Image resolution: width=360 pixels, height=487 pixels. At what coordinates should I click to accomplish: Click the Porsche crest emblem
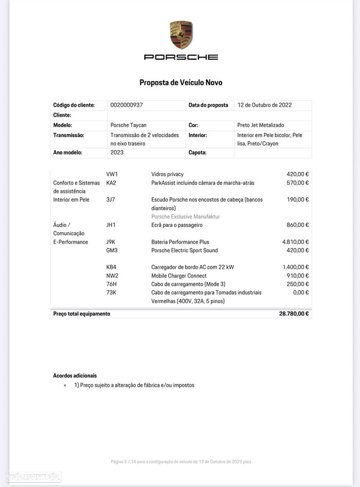[181, 35]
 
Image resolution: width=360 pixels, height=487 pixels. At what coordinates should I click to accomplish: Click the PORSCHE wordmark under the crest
[181, 57]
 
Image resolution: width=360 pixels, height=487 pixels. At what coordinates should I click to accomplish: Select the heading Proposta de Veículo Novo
[181, 83]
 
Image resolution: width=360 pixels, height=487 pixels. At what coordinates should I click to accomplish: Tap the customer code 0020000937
[127, 105]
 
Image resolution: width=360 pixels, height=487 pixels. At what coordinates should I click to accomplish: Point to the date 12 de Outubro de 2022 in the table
[265, 105]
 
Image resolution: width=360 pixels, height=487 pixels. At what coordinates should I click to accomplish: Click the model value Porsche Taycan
[128, 125]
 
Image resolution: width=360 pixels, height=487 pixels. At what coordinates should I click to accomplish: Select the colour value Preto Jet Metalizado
[260, 125]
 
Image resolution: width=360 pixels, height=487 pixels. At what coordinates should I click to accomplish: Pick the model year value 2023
[117, 152]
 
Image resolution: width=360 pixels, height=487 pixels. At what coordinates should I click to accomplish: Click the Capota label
[197, 152]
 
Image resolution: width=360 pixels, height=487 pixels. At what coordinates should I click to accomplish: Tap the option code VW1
[112, 174]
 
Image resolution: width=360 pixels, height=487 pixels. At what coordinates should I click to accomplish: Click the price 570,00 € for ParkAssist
[298, 183]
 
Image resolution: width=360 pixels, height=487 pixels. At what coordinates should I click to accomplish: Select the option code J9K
[111, 242]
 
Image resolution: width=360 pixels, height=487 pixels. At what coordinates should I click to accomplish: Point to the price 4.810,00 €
[295, 242]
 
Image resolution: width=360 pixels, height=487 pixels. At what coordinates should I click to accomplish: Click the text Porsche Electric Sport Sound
[185, 250]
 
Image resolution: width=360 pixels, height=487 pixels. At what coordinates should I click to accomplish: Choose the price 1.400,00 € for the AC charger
[295, 267]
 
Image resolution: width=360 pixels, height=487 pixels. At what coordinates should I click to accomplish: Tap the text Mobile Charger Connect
[179, 276]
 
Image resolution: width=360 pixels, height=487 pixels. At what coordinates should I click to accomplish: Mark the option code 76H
[112, 284]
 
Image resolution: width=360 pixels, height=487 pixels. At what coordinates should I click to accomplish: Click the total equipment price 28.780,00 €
[294, 314]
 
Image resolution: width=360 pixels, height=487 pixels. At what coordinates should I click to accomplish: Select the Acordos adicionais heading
[75, 375]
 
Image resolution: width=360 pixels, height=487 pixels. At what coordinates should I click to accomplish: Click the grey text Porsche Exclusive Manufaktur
[186, 217]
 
